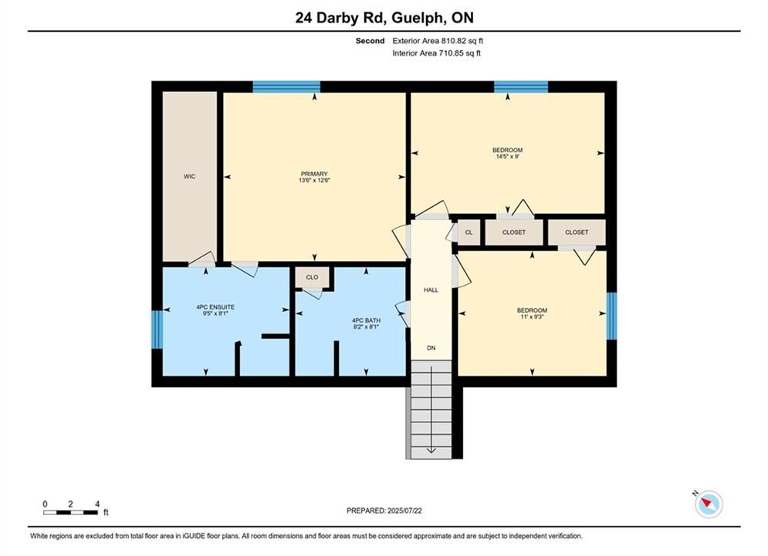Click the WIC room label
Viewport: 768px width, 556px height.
(190, 176)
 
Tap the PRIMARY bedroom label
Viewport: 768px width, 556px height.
(314, 174)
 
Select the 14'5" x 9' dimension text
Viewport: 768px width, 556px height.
(507, 157)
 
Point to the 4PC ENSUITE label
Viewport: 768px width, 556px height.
(215, 307)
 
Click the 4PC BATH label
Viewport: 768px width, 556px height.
(367, 320)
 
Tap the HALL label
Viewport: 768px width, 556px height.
(431, 290)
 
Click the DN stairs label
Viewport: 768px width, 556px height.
(431, 347)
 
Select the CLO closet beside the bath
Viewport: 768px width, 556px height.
(312, 277)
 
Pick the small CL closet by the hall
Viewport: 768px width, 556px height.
(469, 232)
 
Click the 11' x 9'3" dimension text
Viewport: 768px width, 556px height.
(532, 317)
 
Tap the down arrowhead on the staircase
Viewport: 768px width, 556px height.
(431, 450)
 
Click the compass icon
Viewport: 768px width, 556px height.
(709, 503)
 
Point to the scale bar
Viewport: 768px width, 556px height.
(70, 513)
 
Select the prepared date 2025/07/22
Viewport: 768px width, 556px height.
(404, 510)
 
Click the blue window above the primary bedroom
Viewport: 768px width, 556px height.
(286, 86)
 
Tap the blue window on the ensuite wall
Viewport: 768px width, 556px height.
(157, 329)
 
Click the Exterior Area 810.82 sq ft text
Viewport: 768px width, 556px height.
(438, 41)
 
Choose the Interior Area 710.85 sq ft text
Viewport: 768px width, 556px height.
(436, 53)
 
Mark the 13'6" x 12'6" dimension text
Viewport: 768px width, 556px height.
(314, 180)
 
